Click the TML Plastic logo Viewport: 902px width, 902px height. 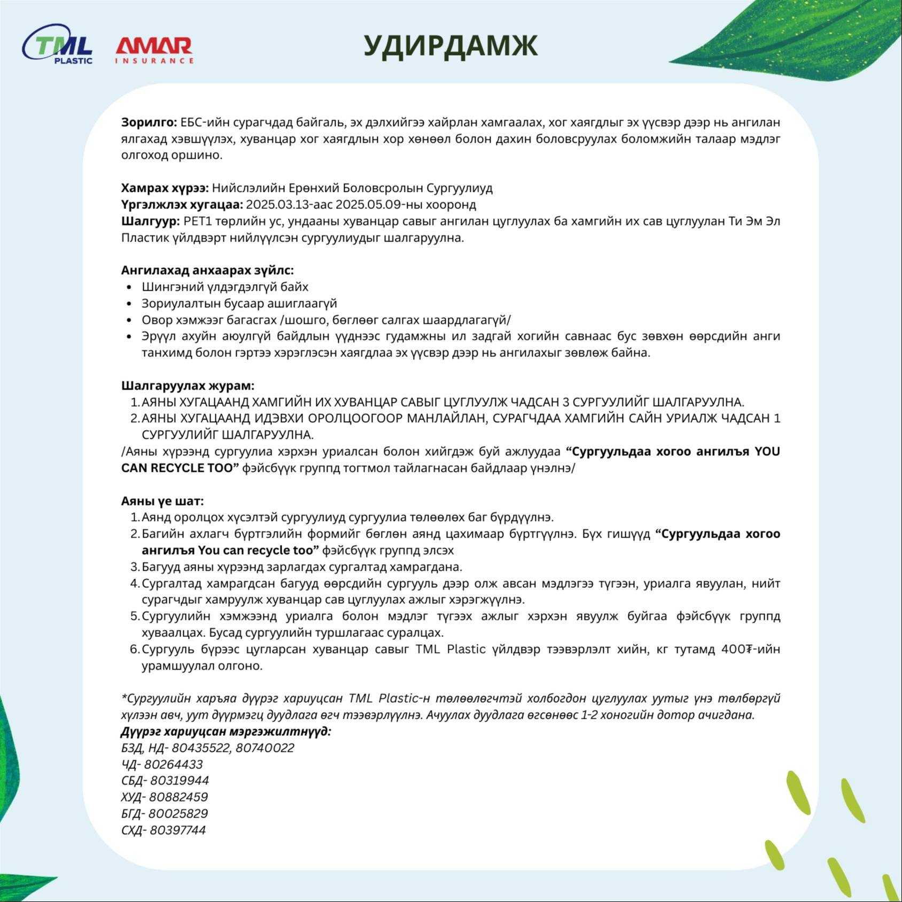(x=58, y=45)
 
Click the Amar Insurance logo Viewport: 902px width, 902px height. (x=154, y=50)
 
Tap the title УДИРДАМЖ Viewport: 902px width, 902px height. (x=450, y=46)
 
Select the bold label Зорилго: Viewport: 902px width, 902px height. (x=149, y=122)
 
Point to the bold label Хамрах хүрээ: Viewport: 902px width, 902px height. (x=165, y=188)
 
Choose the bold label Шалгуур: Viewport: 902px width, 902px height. (x=151, y=221)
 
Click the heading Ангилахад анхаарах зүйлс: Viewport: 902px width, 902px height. (x=207, y=270)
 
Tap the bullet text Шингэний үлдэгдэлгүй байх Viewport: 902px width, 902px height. (x=225, y=287)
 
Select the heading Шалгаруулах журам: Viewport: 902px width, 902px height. (x=188, y=386)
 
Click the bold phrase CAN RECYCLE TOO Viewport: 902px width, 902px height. (x=179, y=468)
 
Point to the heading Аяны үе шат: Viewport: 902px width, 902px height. (x=162, y=501)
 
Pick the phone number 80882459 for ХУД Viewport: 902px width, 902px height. (x=178, y=797)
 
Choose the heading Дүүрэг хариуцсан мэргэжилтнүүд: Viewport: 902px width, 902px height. (x=226, y=732)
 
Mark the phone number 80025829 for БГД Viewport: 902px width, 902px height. (x=178, y=814)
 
